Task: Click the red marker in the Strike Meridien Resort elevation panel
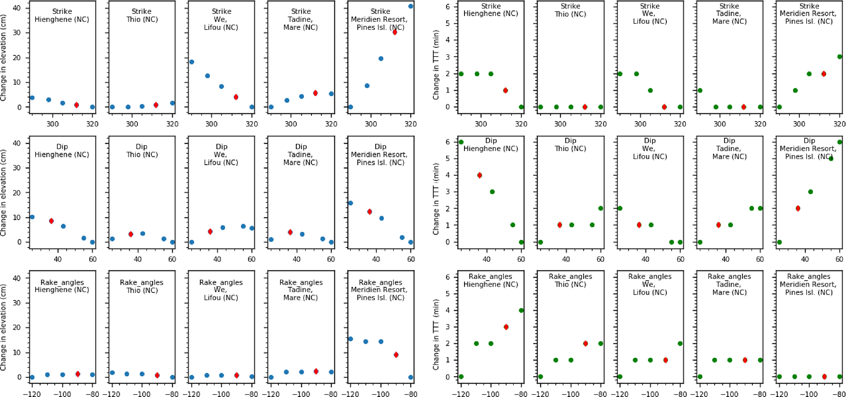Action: click(395, 32)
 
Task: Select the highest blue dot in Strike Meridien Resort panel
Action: click(411, 6)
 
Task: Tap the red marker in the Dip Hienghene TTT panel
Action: click(480, 175)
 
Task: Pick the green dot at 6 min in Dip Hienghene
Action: click(461, 142)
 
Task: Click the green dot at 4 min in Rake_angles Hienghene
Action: click(521, 310)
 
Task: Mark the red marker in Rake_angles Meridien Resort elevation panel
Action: click(396, 355)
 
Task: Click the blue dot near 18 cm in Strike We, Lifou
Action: click(192, 62)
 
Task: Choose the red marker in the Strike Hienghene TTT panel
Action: click(505, 90)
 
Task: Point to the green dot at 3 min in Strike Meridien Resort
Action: click(839, 57)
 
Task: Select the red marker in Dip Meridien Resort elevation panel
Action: click(370, 212)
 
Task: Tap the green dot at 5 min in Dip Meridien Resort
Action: click(831, 159)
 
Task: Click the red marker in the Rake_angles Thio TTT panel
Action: click(585, 343)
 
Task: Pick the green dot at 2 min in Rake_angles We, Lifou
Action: click(680, 343)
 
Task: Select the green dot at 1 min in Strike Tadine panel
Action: click(700, 90)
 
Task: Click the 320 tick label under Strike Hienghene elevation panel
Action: click(92, 123)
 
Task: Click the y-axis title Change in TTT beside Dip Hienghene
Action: click(436, 200)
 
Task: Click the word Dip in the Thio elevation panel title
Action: click(142, 147)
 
